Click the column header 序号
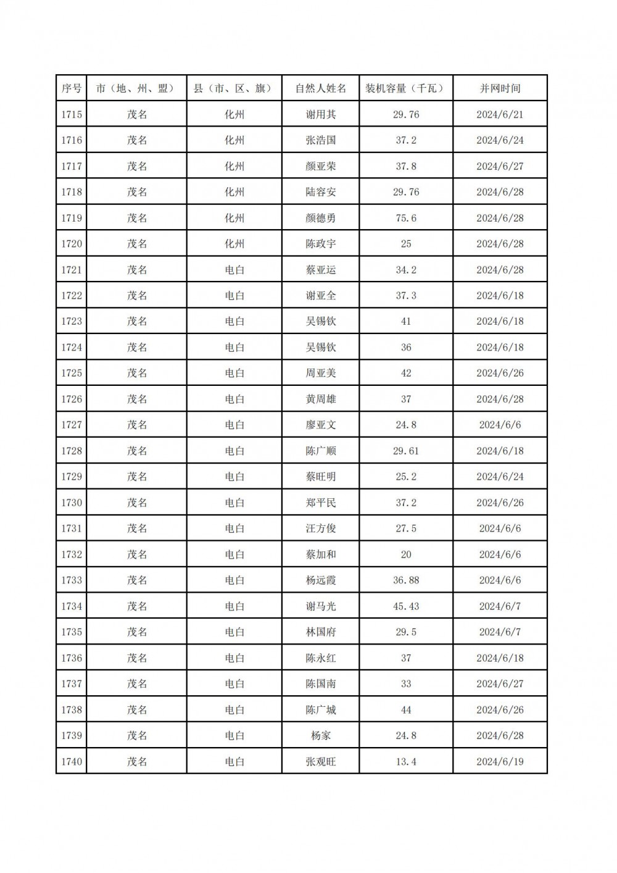(72, 88)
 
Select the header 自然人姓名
(321, 88)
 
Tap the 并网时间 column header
(500, 88)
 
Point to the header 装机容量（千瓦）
(406, 88)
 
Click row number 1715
(72, 114)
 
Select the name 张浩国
(321, 140)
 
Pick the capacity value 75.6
(406, 218)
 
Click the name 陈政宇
(321, 244)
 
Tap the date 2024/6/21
(500, 114)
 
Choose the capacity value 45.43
(406, 606)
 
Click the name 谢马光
(321, 606)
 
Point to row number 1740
(72, 761)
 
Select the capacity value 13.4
(406, 761)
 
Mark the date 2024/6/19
(500, 761)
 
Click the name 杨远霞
(321, 580)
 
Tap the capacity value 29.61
(406, 451)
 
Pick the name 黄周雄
(321, 399)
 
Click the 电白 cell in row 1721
(234, 270)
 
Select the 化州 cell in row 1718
(234, 192)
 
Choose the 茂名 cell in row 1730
(137, 503)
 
